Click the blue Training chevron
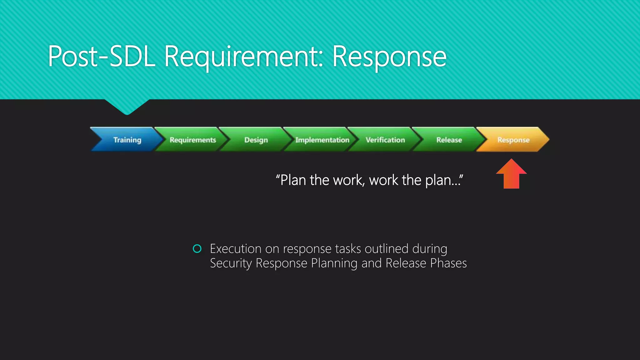(x=127, y=140)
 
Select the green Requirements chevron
(x=192, y=140)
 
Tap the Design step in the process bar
(x=256, y=140)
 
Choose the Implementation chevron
(x=322, y=140)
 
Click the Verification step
(x=385, y=140)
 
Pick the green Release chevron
(x=449, y=140)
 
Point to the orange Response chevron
(x=513, y=140)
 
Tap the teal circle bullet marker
(x=197, y=249)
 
